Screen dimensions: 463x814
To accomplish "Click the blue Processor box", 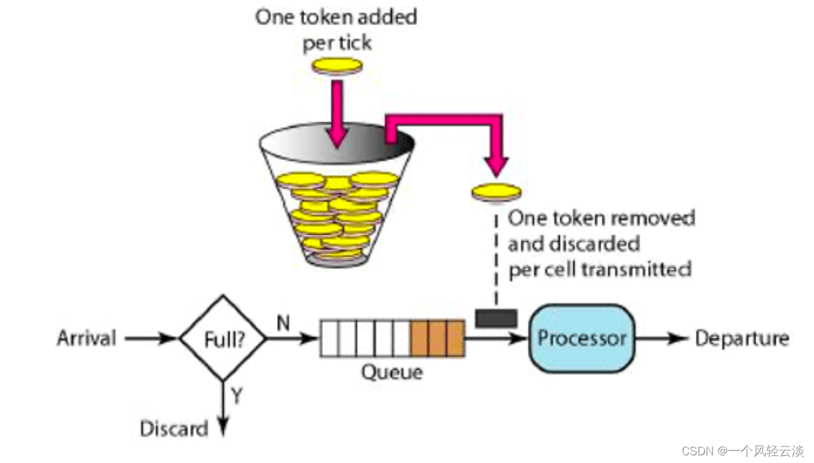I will (x=581, y=338).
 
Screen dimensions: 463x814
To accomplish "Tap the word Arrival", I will (x=87, y=338).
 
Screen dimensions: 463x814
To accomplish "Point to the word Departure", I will (x=742, y=338).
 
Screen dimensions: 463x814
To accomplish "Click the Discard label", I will (x=174, y=428).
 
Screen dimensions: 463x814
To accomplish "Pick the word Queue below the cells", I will (x=392, y=372).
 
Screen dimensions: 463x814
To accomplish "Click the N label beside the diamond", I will (x=283, y=324).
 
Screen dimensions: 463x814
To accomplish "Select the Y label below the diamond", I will (x=236, y=396).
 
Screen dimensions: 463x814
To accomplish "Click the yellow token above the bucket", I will (x=337, y=65).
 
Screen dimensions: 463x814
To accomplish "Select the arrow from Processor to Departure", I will (x=663, y=338).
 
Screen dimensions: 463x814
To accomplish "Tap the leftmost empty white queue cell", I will (x=328, y=338).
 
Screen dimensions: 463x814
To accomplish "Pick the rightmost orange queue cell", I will (x=454, y=338).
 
